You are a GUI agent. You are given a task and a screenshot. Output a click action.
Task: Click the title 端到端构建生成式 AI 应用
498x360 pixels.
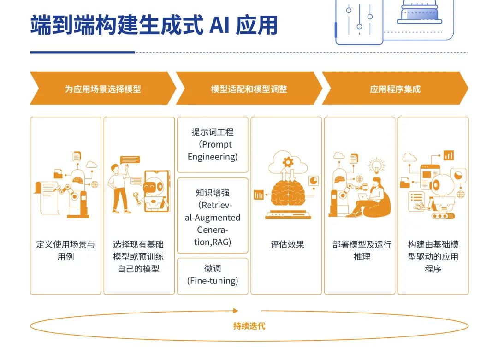click(x=154, y=25)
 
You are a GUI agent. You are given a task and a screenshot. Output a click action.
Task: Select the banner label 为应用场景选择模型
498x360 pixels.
click(x=103, y=89)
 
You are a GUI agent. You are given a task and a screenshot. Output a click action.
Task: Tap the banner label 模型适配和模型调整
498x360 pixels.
click(x=249, y=89)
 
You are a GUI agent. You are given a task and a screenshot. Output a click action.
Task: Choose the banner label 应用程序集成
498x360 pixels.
click(x=395, y=89)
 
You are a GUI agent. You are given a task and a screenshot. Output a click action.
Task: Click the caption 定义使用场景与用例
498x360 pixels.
click(x=65, y=250)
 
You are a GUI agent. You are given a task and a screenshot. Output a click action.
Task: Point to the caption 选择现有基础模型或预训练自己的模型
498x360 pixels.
click(x=138, y=256)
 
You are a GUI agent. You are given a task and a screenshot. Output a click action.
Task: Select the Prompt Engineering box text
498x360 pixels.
click(x=213, y=144)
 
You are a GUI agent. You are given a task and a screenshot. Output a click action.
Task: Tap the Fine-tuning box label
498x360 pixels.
click(x=213, y=275)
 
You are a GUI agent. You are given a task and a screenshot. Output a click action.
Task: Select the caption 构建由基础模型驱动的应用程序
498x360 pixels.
click(x=433, y=256)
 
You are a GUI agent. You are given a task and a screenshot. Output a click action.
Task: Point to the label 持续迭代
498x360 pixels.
click(x=249, y=326)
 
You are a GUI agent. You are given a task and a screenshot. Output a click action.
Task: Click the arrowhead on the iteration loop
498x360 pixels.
click(x=236, y=311)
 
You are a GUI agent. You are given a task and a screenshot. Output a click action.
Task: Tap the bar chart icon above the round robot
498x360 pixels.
click(x=448, y=155)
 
